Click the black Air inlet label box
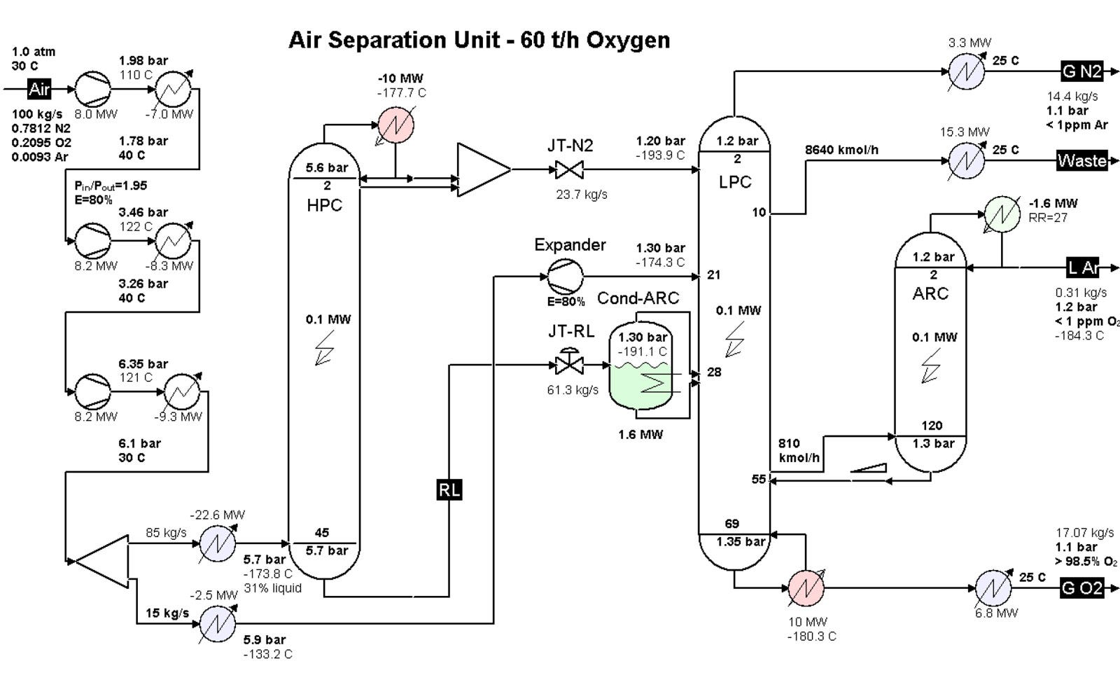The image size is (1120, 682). pyautogui.click(x=40, y=90)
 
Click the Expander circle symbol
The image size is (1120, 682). pyautogui.click(x=564, y=276)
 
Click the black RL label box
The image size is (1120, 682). pyautogui.click(x=449, y=489)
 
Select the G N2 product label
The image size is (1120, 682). pyautogui.click(x=1082, y=71)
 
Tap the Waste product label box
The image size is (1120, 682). pyautogui.click(x=1082, y=160)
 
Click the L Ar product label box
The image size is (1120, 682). pyautogui.click(x=1082, y=267)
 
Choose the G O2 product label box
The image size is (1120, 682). pyautogui.click(x=1082, y=588)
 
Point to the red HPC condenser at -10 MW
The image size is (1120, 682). pyautogui.click(x=395, y=125)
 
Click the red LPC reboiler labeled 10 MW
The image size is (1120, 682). pyautogui.click(x=806, y=589)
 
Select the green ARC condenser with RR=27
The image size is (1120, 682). pyautogui.click(x=1002, y=214)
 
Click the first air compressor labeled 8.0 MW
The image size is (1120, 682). pyautogui.click(x=93, y=89)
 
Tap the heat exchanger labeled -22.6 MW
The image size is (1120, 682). pyautogui.click(x=218, y=543)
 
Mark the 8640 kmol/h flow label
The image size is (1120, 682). pyautogui.click(x=842, y=150)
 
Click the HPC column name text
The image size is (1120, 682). pyautogui.click(x=324, y=206)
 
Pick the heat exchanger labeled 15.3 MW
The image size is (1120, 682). pyautogui.click(x=966, y=160)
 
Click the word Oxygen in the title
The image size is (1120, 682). pyautogui.click(x=628, y=40)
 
